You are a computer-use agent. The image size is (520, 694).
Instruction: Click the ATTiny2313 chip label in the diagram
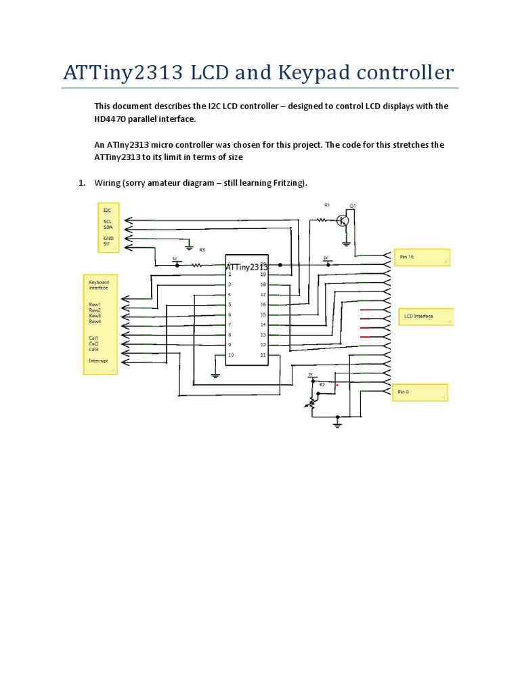[246, 267]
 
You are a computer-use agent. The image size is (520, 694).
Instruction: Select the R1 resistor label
[326, 204]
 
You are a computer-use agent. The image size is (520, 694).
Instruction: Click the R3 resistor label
[202, 250]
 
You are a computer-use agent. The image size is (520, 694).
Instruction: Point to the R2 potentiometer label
[322, 385]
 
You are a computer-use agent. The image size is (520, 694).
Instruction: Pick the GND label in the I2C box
[108, 238]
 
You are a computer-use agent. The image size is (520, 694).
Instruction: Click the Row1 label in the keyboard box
[94, 304]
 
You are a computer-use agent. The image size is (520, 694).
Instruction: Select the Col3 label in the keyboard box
[93, 349]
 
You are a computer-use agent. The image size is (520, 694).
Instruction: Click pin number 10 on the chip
[231, 355]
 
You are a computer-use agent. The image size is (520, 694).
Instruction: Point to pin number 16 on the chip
[263, 305]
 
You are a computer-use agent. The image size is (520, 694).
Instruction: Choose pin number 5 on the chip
[230, 305]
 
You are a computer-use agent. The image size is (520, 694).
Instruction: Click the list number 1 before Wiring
[81, 183]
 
